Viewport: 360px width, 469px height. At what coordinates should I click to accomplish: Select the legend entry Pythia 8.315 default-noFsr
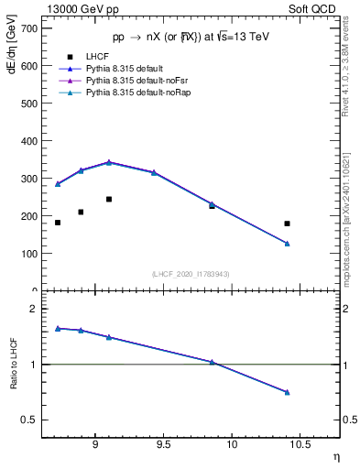[x=133, y=82]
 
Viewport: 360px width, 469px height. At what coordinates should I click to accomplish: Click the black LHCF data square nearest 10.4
[x=287, y=224]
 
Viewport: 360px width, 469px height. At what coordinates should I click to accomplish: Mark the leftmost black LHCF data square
[x=58, y=223]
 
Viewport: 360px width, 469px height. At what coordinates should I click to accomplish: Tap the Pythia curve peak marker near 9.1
[x=109, y=162]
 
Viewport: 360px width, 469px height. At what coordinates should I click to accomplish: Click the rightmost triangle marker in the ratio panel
[x=287, y=392]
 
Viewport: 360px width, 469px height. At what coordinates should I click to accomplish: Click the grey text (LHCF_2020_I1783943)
[x=191, y=274]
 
